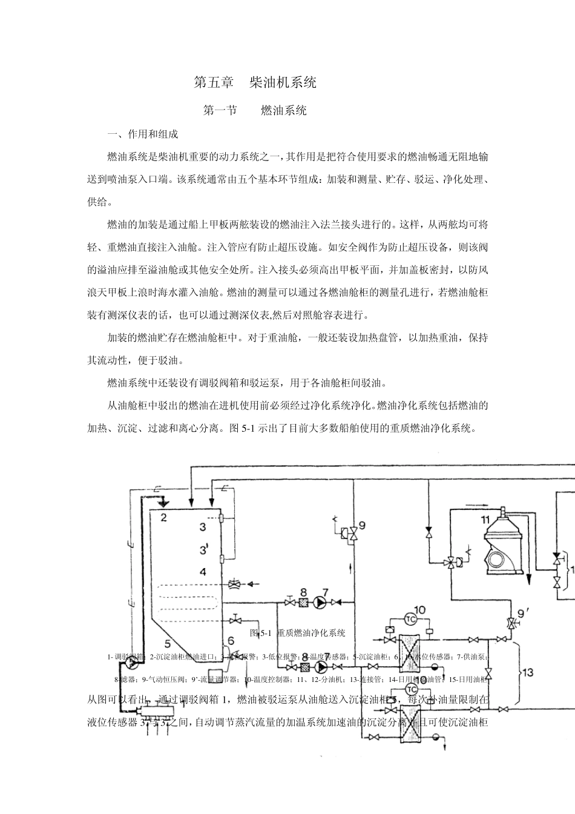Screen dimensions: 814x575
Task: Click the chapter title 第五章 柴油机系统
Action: [x=254, y=82]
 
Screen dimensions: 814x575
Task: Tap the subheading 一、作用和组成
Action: [x=142, y=134]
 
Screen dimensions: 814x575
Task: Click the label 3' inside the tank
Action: [x=204, y=550]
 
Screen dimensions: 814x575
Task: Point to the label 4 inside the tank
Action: [x=203, y=572]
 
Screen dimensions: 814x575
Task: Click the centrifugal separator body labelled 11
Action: [x=504, y=551]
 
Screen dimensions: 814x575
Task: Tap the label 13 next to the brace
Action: [x=528, y=672]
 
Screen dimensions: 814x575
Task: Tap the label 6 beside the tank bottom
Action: [x=230, y=641]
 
